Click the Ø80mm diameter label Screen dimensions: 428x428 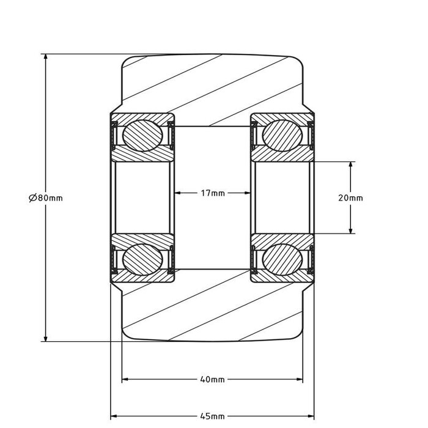pyautogui.click(x=46, y=197)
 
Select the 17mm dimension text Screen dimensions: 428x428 pyautogui.click(x=213, y=193)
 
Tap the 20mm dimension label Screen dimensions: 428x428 pyautogui.click(x=350, y=197)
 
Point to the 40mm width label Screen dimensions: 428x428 pyautogui.click(x=212, y=380)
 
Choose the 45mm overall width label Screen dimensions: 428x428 pyautogui.click(x=212, y=416)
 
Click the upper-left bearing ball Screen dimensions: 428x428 pyautogui.click(x=142, y=135)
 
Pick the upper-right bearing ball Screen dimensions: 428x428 pyautogui.click(x=282, y=135)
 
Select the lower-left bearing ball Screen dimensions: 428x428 pyautogui.click(x=142, y=259)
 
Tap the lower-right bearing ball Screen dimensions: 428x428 pyautogui.click(x=282, y=259)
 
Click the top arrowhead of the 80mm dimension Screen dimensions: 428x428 pyautogui.click(x=46, y=57)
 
